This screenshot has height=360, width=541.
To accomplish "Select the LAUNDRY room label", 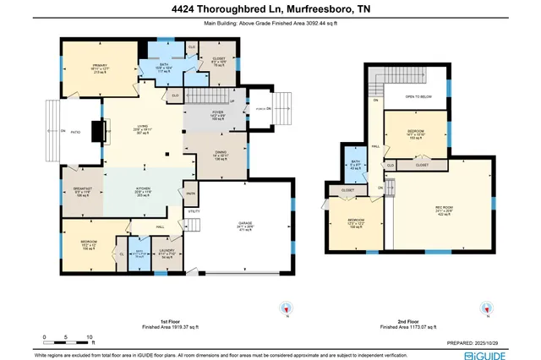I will pos(167,252).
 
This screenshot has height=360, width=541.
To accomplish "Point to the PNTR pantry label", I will pos(191,193).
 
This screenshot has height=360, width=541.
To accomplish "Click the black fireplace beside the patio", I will pos(100,131).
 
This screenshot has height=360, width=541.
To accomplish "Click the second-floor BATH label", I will pos(355,161).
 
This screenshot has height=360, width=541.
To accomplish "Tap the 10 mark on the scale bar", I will pos(90,337).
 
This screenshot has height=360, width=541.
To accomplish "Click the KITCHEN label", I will pos(142,192).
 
